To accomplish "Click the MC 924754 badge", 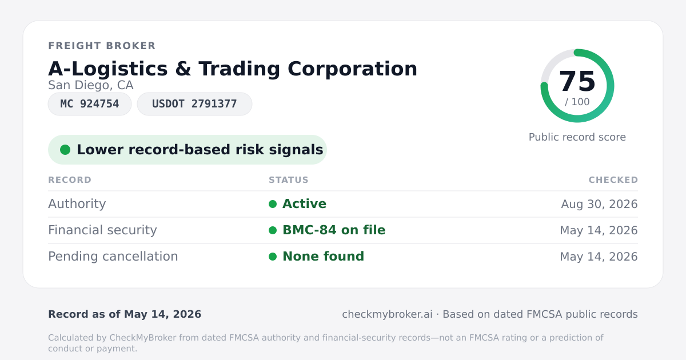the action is point(90,104).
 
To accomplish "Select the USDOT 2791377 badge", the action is point(194,104).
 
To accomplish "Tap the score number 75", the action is point(577,81).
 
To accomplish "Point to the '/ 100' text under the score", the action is point(577,102).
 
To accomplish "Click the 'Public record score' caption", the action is point(577,137).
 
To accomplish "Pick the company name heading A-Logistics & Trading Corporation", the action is point(233,69).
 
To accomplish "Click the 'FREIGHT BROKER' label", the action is point(102,46).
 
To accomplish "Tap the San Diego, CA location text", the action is point(91,85).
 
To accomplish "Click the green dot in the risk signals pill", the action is point(65,150).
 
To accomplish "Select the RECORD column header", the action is point(70,180).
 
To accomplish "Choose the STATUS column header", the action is point(289,180).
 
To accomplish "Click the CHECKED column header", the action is point(613,180).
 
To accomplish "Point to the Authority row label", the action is point(77,204).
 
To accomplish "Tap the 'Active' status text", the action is point(304,204).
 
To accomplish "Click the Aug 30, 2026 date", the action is point(599,204).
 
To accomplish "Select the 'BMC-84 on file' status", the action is point(334,230).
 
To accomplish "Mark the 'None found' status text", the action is point(323,257).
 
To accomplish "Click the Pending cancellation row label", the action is point(113,257).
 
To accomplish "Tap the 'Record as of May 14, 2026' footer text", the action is point(125,314).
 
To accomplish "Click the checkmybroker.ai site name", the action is point(388,314).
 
